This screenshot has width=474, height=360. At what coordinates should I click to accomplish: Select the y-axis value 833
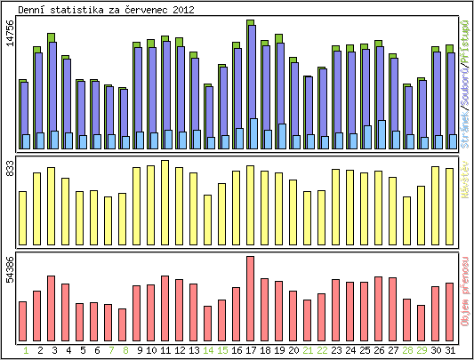[x=10, y=174]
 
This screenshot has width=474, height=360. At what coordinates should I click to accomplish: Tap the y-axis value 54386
[x=10, y=269]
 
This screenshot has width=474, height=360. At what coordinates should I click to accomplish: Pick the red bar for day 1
[x=22, y=321]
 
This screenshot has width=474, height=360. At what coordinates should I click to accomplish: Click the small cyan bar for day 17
[x=253, y=133]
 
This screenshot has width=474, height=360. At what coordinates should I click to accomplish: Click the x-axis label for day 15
[x=222, y=350]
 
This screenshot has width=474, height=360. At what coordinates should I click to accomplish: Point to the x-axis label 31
[x=450, y=350]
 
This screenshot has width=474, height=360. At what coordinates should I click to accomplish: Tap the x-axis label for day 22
[x=322, y=350]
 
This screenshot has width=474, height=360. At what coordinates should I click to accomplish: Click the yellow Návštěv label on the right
[x=465, y=186]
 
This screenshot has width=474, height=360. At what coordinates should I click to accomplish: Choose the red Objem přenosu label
[x=465, y=292]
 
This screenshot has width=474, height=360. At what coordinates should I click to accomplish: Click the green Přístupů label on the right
[x=465, y=36]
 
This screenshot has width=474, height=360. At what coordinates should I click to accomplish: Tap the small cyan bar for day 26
[x=382, y=134]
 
